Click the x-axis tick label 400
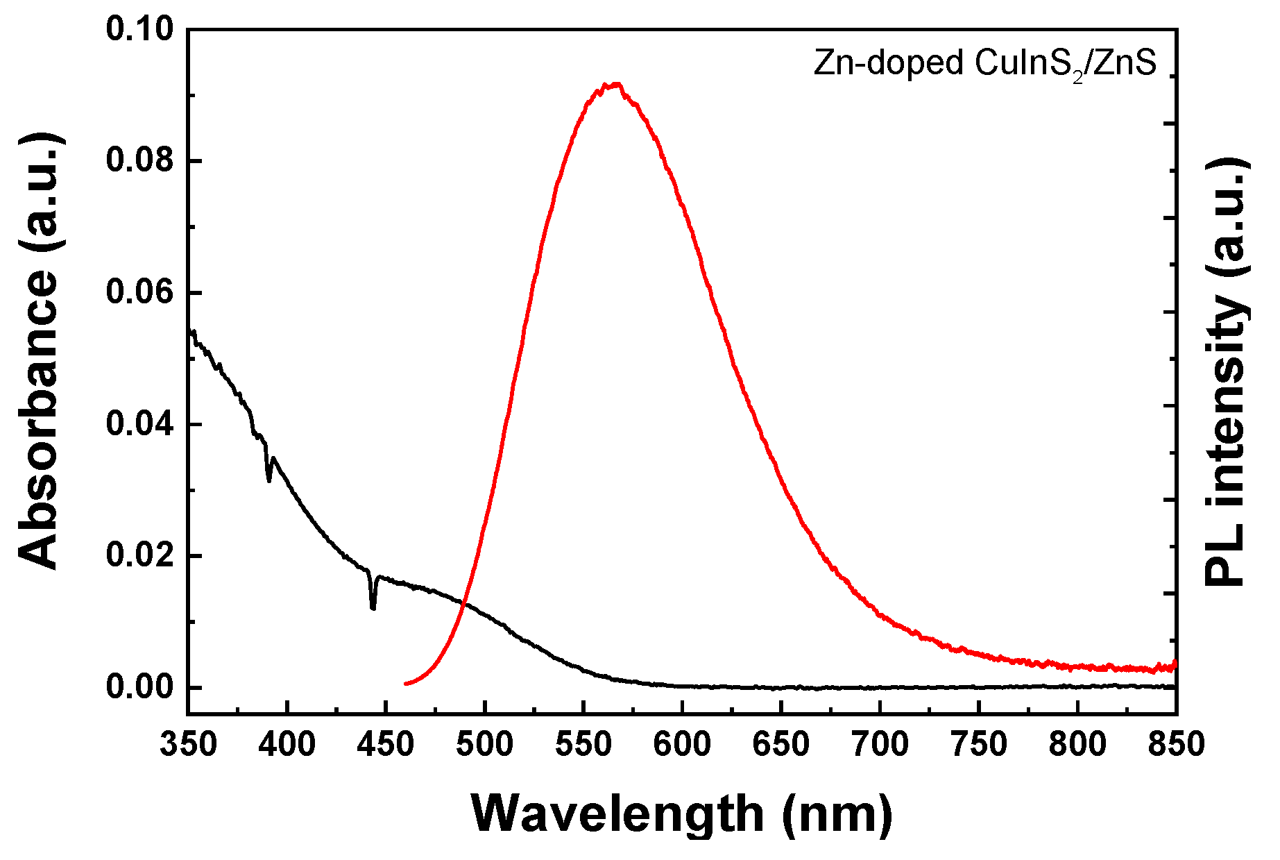(287, 745)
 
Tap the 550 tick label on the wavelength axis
(583, 745)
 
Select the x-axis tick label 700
(880, 745)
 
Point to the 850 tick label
(1175, 745)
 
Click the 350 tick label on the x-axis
(188, 745)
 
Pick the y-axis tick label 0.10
(139, 30)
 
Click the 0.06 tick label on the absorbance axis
(139, 292)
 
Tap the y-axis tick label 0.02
(139, 556)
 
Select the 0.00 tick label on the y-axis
(139, 687)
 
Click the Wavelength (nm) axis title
(682, 813)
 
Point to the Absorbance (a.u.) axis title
(40, 352)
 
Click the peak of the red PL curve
(613, 84)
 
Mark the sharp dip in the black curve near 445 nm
(373, 607)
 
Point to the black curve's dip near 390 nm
(269, 480)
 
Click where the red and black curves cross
(463, 602)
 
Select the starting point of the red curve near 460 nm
(406, 684)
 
